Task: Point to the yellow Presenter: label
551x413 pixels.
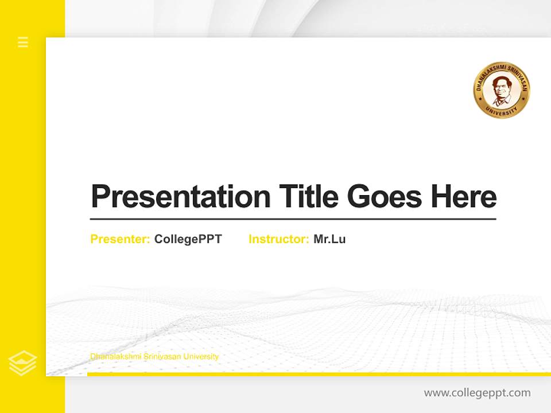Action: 121,239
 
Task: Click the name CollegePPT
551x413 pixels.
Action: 188,239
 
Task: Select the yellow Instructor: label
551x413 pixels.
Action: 279,239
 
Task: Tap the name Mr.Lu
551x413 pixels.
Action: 329,239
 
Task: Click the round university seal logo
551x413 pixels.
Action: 501,90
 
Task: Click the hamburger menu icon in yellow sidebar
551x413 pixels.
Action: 23,42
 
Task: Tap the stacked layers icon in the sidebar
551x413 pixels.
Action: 23,363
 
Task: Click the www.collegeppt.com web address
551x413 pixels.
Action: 477,393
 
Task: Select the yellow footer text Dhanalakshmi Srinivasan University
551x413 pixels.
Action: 154,357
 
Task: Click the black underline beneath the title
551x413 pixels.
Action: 293,219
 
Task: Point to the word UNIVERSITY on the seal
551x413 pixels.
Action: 501,111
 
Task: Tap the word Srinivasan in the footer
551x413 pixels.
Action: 159,357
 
